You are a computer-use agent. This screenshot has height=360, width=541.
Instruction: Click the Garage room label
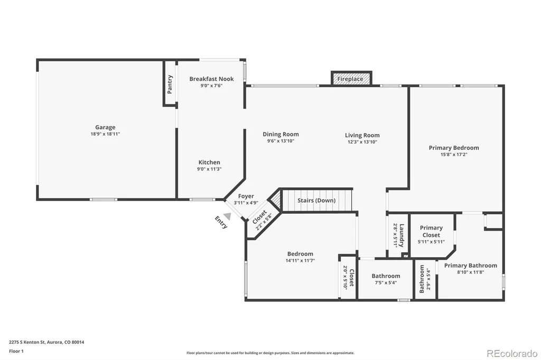tap(105, 127)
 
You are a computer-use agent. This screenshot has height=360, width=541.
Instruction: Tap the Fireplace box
tap(351, 78)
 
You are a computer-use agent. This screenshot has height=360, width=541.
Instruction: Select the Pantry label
tap(170, 84)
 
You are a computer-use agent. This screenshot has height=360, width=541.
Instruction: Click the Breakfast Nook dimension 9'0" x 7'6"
tap(211, 86)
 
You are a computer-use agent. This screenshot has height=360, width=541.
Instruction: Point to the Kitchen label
tap(209, 162)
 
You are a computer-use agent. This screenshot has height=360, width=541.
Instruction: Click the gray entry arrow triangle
tap(227, 216)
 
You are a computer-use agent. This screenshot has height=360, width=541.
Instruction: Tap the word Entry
tap(221, 222)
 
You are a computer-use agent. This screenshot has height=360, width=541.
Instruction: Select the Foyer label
tap(246, 196)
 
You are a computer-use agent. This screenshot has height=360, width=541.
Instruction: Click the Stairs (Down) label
tap(316, 201)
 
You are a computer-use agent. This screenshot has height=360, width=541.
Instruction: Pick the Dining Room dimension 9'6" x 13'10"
tap(281, 141)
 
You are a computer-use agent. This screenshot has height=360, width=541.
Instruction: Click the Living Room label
tap(362, 135)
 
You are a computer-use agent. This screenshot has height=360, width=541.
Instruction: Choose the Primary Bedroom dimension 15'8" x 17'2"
tap(454, 155)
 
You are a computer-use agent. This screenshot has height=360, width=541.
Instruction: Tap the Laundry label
tap(402, 235)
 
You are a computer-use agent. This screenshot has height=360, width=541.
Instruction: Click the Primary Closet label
tap(431, 231)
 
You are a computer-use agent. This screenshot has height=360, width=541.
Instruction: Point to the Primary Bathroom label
tap(471, 266)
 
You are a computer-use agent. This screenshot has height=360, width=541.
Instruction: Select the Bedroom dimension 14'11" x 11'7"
tap(300, 261)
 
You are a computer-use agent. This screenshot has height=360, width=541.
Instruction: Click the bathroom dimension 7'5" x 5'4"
tap(386, 283)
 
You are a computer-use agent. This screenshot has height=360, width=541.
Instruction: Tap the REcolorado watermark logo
tap(512, 353)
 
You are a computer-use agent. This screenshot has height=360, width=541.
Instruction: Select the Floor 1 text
tap(16, 351)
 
